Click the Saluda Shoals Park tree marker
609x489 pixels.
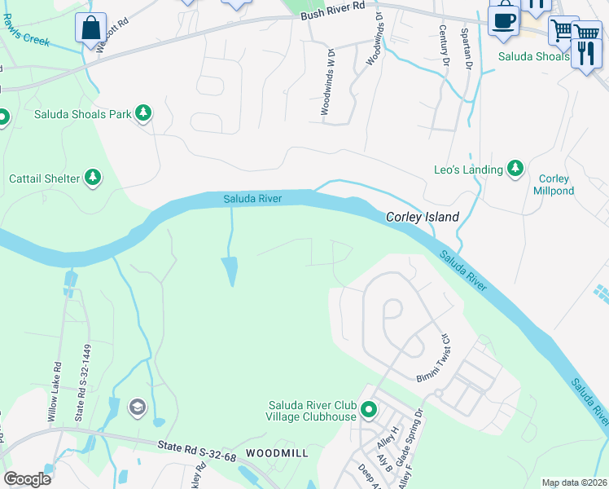tap(143, 113)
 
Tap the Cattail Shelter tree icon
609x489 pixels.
tap(93, 178)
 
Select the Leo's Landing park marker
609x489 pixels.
tap(515, 169)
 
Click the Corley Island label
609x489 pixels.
tap(422, 217)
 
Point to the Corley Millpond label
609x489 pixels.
tap(554, 185)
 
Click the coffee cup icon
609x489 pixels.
tap(503, 20)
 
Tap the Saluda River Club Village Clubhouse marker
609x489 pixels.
tap(368, 409)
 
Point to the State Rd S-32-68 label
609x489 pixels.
tap(196, 450)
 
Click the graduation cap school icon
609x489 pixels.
tap(137, 407)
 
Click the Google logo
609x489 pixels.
tap(27, 479)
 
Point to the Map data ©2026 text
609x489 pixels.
tap(574, 482)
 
